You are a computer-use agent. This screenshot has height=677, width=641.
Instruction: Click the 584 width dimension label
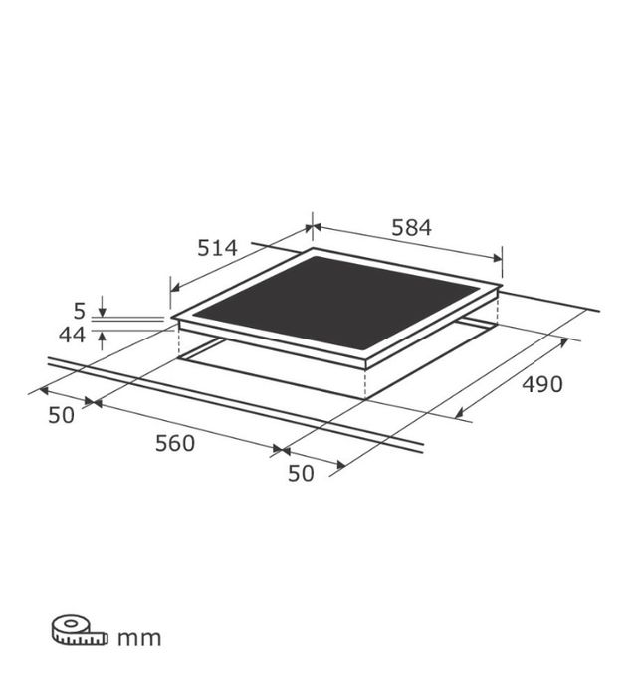pyautogui.click(x=411, y=228)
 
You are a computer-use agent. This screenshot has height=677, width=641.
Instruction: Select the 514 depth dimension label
pyautogui.click(x=217, y=248)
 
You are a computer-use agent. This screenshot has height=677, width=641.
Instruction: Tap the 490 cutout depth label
pyautogui.click(x=542, y=384)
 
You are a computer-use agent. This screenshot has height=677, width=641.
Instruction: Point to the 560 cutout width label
pyautogui.click(x=175, y=443)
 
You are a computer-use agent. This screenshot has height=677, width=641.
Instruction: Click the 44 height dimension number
pyautogui.click(x=72, y=335)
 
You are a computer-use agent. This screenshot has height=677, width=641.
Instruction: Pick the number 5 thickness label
pyautogui.click(x=80, y=311)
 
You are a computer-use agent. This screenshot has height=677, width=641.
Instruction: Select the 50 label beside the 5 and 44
pyautogui.click(x=61, y=415)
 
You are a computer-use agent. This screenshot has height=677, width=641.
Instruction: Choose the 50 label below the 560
pyautogui.click(x=301, y=473)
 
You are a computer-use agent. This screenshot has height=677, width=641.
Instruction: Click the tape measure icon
pyautogui.click(x=80, y=631)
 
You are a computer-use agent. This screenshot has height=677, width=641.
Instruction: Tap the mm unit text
pyautogui.click(x=139, y=638)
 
